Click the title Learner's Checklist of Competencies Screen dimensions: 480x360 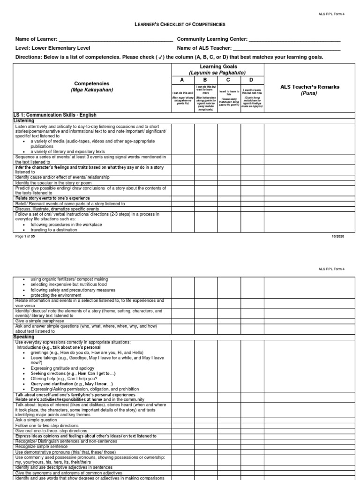(x=180, y=24)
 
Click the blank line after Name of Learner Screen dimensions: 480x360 (x=112, y=40)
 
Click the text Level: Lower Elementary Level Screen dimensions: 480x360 (x=53, y=48)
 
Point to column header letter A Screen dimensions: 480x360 (x=183, y=80)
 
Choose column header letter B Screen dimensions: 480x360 (x=206, y=80)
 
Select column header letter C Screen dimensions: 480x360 (x=229, y=80)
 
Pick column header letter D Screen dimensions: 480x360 (x=252, y=80)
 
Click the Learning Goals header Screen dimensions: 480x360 (x=217, y=70)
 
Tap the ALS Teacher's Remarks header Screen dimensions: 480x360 (x=309, y=87)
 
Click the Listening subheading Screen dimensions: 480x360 (x=24, y=121)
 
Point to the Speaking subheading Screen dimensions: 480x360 (x=24, y=337)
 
